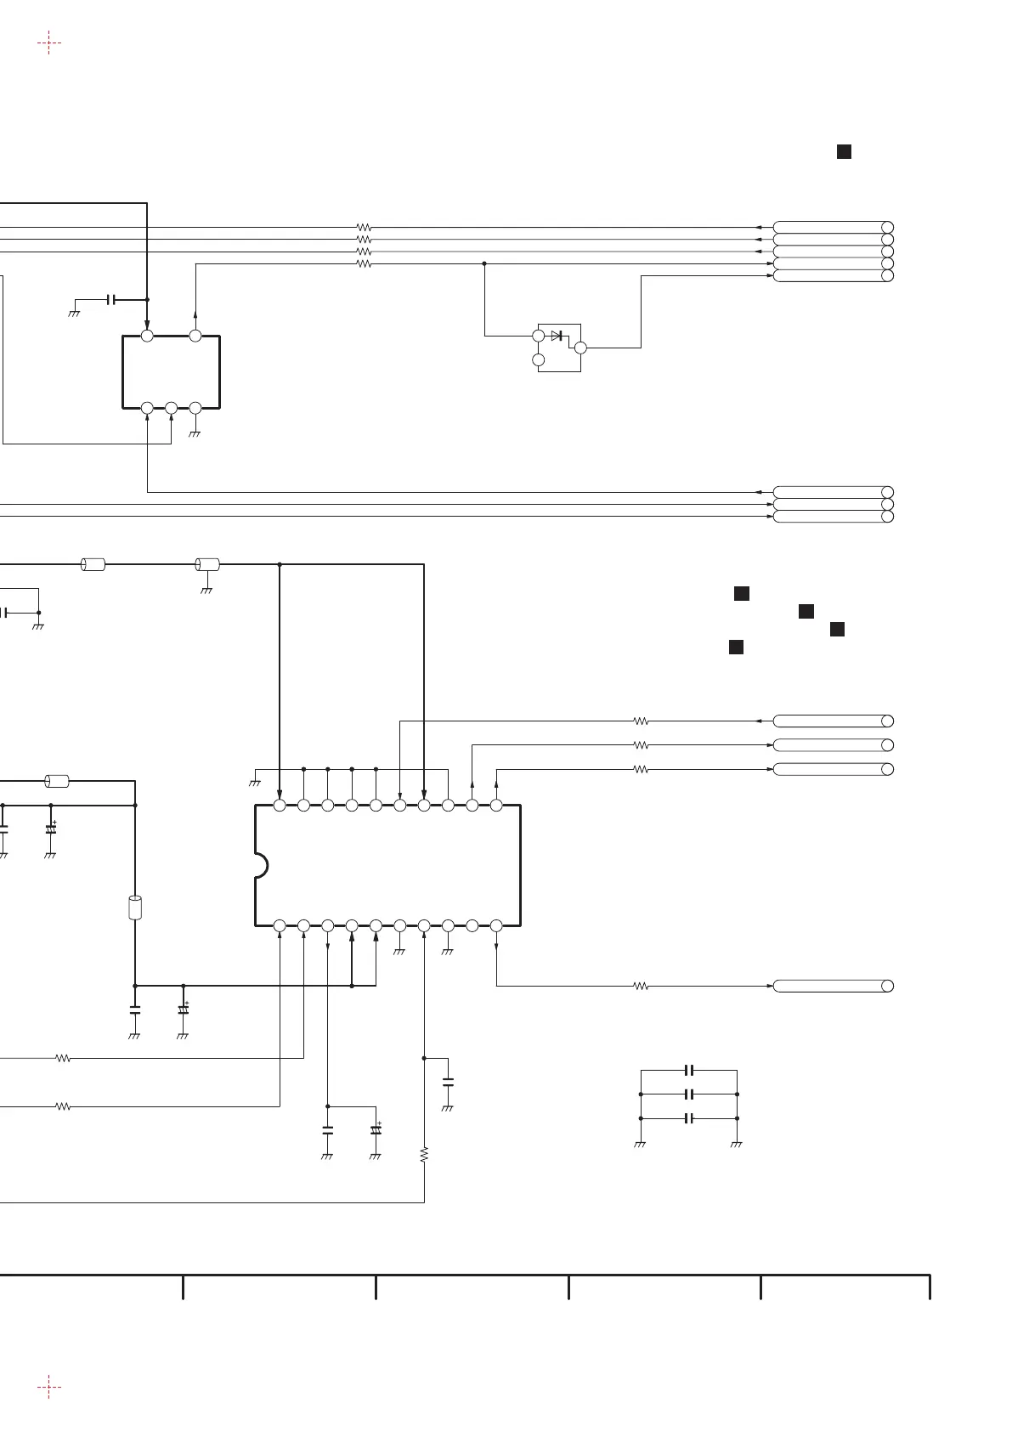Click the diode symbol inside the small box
pos(557,336)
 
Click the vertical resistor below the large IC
pos(424,1154)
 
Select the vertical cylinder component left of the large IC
pos(134,908)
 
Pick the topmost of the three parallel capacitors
pos(690,1070)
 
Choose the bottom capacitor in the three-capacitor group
pos(690,1118)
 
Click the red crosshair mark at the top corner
pos(49,42)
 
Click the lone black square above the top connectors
pos(844,152)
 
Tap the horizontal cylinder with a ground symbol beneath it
pos(207,564)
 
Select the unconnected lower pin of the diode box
pos(538,360)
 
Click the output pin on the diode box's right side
pos(580,348)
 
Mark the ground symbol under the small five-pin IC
pos(195,433)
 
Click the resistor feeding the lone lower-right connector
pos(642,986)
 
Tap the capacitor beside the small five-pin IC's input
pos(111,300)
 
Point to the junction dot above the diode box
pos(484,264)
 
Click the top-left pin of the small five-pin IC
pos(147,337)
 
